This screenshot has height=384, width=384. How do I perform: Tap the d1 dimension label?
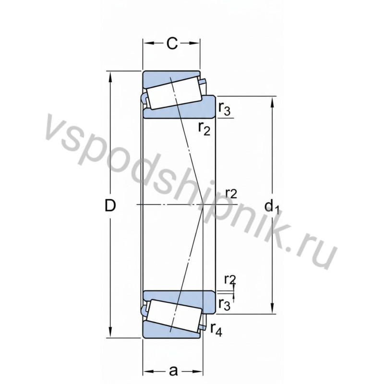click(272, 206)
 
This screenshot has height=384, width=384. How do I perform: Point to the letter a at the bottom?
click(173, 371)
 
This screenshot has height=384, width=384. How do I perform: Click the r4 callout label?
click(216, 329)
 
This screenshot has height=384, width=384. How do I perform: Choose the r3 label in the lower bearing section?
click(224, 303)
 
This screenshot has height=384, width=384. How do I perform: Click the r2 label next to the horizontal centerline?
click(231, 193)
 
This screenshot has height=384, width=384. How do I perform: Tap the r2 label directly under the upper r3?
click(204, 128)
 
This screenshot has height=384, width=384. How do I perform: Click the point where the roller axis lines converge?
click(204, 204)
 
